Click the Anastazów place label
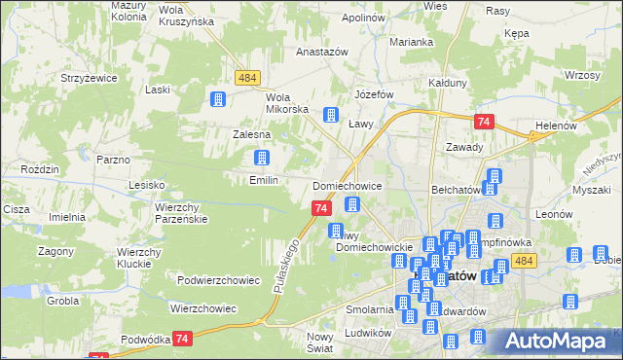click(295, 53)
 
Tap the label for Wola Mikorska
click(287, 103)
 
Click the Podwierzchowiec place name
click(218, 280)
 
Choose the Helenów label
click(557, 126)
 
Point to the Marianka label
click(410, 43)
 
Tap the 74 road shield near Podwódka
click(182, 338)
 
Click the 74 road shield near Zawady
click(484, 122)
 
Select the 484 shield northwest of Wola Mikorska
click(246, 76)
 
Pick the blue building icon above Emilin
click(262, 158)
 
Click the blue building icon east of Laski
click(218, 98)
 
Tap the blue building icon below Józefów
click(331, 114)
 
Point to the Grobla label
click(60, 301)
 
